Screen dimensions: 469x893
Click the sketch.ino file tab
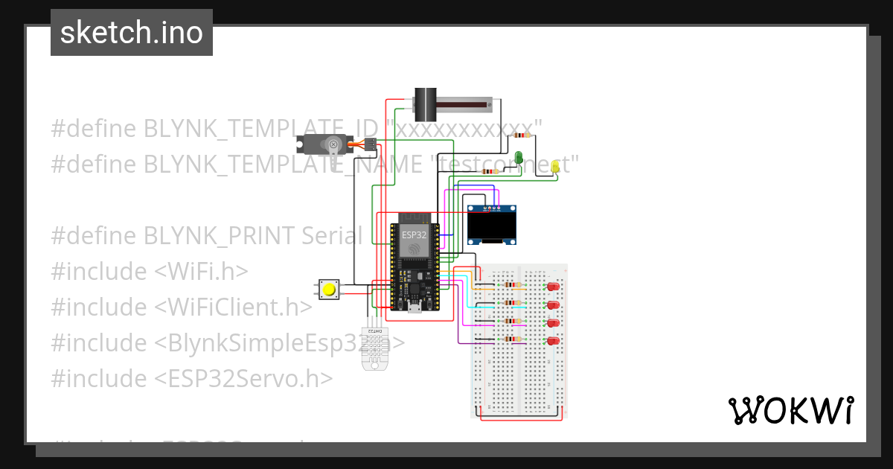click(x=131, y=33)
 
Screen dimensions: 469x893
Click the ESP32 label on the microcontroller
click(x=414, y=234)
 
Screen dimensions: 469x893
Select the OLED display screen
click(x=492, y=226)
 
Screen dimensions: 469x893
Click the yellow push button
click(x=329, y=290)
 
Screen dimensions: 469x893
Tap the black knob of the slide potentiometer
click(x=425, y=104)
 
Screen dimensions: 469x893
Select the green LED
click(x=519, y=156)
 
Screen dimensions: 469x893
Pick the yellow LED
click(x=555, y=167)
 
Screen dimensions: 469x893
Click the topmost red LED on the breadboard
click(x=552, y=287)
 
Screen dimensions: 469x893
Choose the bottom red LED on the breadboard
click(x=552, y=341)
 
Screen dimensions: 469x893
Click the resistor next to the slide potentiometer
click(x=525, y=136)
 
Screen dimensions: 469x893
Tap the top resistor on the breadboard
click(x=511, y=285)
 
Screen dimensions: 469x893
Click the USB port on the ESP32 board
click(x=414, y=306)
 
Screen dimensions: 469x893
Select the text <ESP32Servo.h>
click(x=243, y=378)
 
